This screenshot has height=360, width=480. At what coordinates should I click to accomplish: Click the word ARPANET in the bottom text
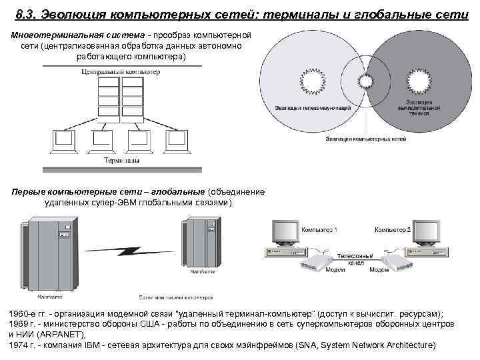59,334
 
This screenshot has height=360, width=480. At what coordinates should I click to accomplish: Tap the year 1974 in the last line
19,345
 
